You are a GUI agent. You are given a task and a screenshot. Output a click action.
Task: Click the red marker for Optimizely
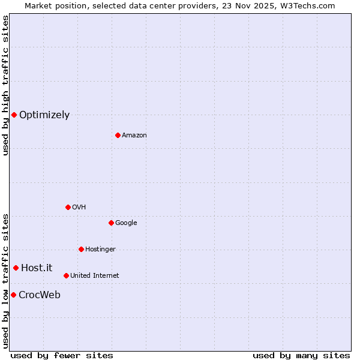[x=14, y=115]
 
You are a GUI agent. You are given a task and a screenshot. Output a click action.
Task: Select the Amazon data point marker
[x=118, y=135]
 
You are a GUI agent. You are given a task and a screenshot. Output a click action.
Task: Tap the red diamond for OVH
[x=68, y=207]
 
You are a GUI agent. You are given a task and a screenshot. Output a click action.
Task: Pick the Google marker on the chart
[x=111, y=223]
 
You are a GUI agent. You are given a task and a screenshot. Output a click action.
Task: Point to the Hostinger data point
[x=81, y=249]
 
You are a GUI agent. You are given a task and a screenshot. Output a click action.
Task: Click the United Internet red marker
[x=66, y=275]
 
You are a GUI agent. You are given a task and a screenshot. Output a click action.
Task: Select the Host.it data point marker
[x=16, y=268]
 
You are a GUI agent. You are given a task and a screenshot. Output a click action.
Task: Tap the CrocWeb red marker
[x=13, y=295]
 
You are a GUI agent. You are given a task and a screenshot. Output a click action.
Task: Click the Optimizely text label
[x=44, y=115]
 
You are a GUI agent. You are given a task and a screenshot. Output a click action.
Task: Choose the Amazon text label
[x=134, y=136]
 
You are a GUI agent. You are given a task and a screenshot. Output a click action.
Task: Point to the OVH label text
[x=79, y=208]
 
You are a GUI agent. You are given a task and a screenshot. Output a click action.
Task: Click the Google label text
[x=126, y=223]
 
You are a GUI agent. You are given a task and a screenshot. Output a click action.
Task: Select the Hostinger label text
[x=100, y=250]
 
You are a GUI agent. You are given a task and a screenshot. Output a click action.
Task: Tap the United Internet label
[x=95, y=276]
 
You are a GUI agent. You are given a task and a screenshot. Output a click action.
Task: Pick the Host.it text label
[x=37, y=268]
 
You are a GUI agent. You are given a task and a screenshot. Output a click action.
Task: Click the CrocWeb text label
[x=40, y=295]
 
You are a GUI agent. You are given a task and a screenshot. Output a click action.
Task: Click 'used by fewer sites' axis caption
[x=62, y=355]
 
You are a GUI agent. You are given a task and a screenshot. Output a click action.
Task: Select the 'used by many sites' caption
[x=301, y=355]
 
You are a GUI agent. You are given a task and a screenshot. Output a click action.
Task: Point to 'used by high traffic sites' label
[x=5, y=85]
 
